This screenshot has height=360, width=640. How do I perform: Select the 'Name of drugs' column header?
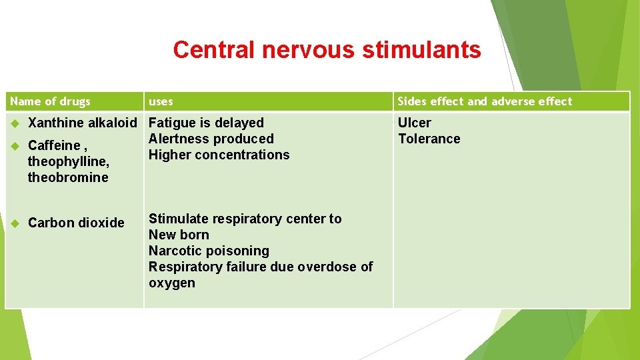coord(51,101)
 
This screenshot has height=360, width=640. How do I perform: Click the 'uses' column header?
coord(161,101)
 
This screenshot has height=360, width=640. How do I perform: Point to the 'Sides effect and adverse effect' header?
coord(485,101)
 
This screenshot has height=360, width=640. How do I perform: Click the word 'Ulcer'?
coord(414,123)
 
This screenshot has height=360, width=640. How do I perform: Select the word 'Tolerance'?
coord(429,139)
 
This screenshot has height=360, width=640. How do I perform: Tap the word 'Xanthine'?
coord(56,123)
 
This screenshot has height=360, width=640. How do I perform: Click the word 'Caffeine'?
coord(54,145)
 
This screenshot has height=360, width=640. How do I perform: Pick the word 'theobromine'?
coord(68,177)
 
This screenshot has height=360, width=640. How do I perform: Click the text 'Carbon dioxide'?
coord(76,223)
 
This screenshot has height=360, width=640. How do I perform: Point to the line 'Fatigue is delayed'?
coord(206,123)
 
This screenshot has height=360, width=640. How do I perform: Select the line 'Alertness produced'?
coord(211,139)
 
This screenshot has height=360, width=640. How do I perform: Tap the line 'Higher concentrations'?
coord(219,155)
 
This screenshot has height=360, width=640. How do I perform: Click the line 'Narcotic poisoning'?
coord(209,251)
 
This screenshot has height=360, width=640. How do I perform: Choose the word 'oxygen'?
coord(172,283)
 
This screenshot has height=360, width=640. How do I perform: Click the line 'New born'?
coord(179,235)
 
